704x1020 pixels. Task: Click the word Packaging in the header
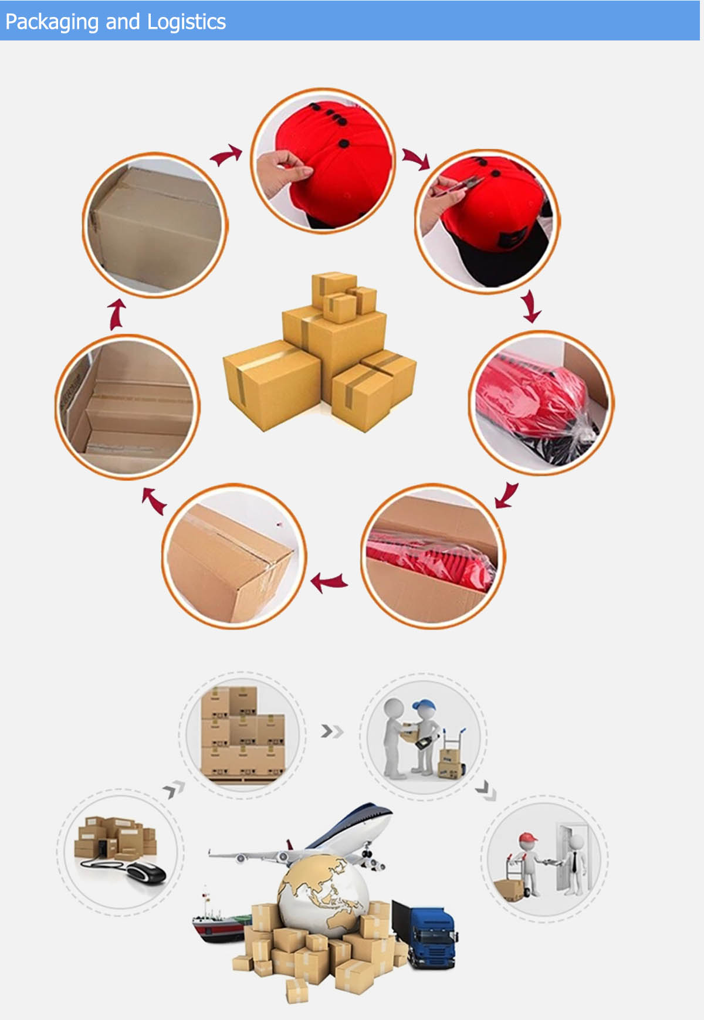[52, 22]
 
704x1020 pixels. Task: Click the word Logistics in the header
[187, 22]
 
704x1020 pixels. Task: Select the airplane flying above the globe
[305, 836]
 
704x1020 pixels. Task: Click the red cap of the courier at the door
[527, 837]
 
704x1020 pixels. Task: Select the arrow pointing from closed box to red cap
[226, 155]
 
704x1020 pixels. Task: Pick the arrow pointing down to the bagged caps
[532, 306]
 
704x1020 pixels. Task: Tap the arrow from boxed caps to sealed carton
[328, 582]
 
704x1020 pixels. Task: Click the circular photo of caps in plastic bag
[541, 402]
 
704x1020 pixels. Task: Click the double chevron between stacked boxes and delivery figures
[332, 731]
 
